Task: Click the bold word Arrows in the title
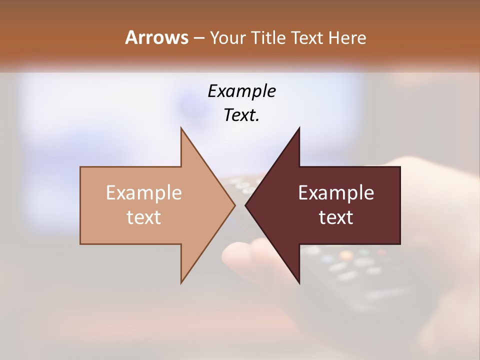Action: (x=156, y=37)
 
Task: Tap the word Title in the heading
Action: (x=269, y=38)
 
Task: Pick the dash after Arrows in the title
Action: (x=198, y=38)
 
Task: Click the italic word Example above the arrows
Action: (x=241, y=91)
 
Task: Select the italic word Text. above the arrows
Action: (x=241, y=115)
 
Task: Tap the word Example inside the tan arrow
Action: (x=144, y=192)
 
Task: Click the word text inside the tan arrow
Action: (x=144, y=217)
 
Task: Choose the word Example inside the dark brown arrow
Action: (x=336, y=192)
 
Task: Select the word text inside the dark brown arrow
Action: (x=336, y=217)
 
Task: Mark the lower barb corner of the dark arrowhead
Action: (x=299, y=282)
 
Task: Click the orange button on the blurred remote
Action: (x=345, y=255)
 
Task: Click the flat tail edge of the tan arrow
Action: (x=80, y=205)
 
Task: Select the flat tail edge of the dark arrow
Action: (x=400, y=205)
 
